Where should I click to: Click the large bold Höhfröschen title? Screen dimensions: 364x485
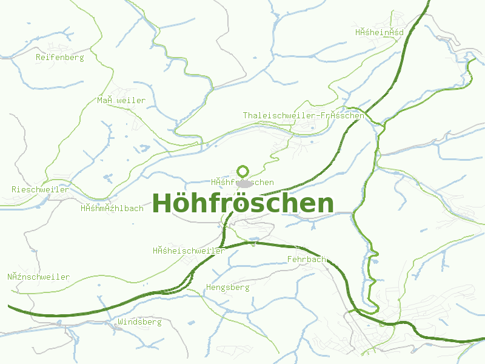[x=242, y=204]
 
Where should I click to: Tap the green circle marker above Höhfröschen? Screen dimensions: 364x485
[x=243, y=171]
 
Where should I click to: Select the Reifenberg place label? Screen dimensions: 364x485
[x=60, y=57]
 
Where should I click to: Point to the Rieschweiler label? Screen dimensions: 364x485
[x=40, y=189]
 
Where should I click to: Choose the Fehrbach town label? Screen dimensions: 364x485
[x=307, y=260]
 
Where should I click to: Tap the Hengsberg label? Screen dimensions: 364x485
[x=228, y=287]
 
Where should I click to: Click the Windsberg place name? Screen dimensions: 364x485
[x=140, y=322]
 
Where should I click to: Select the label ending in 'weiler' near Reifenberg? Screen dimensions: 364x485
[x=121, y=100]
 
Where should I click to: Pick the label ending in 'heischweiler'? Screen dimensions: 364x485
[x=189, y=251]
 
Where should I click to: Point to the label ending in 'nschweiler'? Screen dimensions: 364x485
[x=39, y=277]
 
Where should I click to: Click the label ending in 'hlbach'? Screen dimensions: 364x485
[x=112, y=208]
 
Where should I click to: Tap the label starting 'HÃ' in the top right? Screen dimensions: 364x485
[x=380, y=32]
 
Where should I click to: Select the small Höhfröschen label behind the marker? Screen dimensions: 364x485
[x=242, y=182]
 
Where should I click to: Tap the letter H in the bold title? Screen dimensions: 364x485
[x=161, y=204]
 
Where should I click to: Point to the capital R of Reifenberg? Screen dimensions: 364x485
[x=39, y=57]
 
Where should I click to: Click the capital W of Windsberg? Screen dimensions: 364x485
[x=121, y=322]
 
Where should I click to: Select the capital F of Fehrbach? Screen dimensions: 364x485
[x=289, y=260]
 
